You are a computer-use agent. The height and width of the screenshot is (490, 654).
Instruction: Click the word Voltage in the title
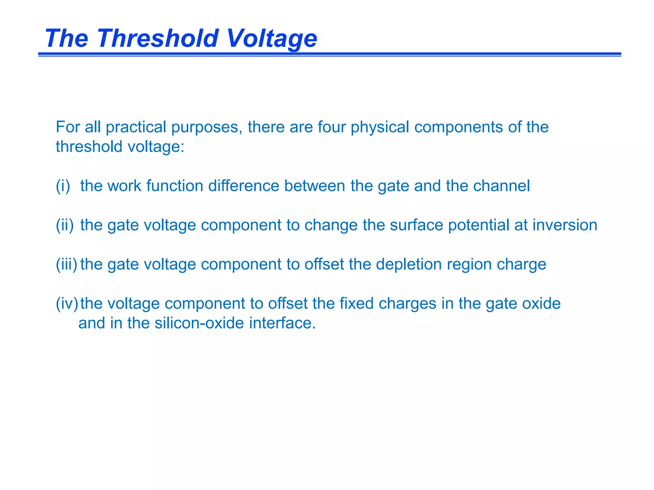click(x=271, y=39)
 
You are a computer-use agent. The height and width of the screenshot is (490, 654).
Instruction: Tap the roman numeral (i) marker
click(x=63, y=186)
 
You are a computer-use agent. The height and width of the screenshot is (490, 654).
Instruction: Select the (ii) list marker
click(x=65, y=225)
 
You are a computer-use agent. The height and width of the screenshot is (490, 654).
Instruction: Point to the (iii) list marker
click(x=66, y=264)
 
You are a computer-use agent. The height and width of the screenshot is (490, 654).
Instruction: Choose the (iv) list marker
click(x=67, y=304)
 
